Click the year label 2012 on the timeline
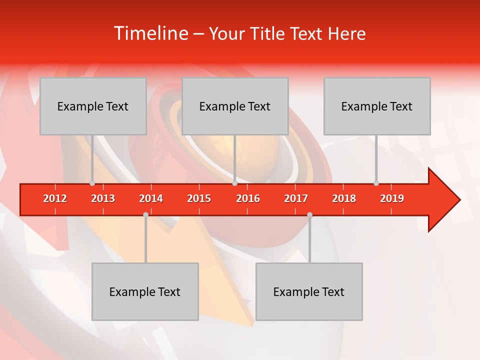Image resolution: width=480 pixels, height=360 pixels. [55, 198]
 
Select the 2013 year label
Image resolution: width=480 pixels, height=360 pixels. [103, 198]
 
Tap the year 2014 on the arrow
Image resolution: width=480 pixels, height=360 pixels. [151, 198]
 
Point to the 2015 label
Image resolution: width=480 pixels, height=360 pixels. [199, 198]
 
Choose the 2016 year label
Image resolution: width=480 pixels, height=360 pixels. [248, 198]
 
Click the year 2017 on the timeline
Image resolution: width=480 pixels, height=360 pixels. [296, 198]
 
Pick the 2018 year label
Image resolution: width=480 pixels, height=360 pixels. [344, 198]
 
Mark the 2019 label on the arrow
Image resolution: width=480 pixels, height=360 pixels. [392, 198]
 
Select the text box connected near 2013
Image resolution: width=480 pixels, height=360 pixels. [93, 106]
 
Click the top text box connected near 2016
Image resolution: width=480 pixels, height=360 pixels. [235, 106]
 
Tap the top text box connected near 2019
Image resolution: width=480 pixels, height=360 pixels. [377, 106]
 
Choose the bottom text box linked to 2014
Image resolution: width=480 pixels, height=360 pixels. [145, 291]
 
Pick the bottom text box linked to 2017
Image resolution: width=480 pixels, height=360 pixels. [309, 291]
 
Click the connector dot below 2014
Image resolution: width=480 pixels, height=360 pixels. [145, 214]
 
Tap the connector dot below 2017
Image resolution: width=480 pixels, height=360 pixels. [309, 214]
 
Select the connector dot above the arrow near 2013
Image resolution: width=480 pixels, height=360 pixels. [92, 183]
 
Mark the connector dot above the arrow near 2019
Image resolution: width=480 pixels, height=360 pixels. [376, 183]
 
